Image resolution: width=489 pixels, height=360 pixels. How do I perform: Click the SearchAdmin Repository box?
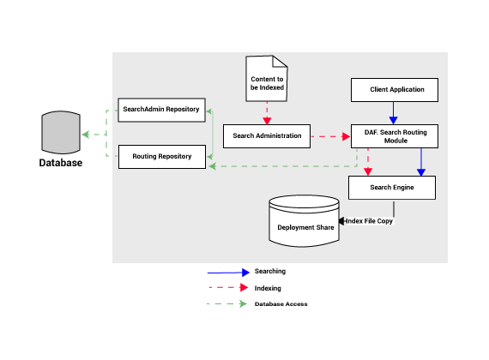tap(161, 110)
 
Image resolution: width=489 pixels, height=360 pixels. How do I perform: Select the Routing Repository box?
tap(162, 157)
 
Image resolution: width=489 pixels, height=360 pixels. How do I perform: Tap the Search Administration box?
tap(267, 136)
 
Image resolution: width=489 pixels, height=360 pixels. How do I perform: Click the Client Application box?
tap(395, 90)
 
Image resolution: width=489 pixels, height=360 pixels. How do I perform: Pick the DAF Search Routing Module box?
tap(395, 136)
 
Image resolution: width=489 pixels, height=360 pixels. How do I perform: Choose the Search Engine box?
tap(392, 188)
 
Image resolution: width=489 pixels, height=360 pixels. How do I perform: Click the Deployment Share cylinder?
tap(304, 221)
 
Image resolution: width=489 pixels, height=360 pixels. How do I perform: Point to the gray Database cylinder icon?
tap(61, 133)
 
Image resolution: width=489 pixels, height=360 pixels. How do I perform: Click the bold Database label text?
tap(61, 163)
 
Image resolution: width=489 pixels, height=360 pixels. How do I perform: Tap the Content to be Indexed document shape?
tap(267, 79)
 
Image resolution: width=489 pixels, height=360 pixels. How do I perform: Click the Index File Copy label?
tap(369, 221)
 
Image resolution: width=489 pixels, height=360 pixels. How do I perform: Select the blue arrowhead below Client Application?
tap(393, 120)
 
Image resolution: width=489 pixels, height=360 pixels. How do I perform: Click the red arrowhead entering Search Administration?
tap(267, 121)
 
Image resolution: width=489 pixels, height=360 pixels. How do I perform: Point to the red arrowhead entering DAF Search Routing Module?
tap(347, 136)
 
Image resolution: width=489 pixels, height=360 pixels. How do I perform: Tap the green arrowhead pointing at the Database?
tap(86, 135)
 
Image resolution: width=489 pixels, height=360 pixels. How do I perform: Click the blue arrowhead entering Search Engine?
tap(421, 172)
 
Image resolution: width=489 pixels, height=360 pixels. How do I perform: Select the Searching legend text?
tap(270, 271)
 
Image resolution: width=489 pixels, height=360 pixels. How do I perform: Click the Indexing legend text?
tap(268, 288)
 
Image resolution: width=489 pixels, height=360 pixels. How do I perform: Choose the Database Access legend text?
tap(281, 304)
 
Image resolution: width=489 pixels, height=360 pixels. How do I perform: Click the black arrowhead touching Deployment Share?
tap(341, 221)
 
